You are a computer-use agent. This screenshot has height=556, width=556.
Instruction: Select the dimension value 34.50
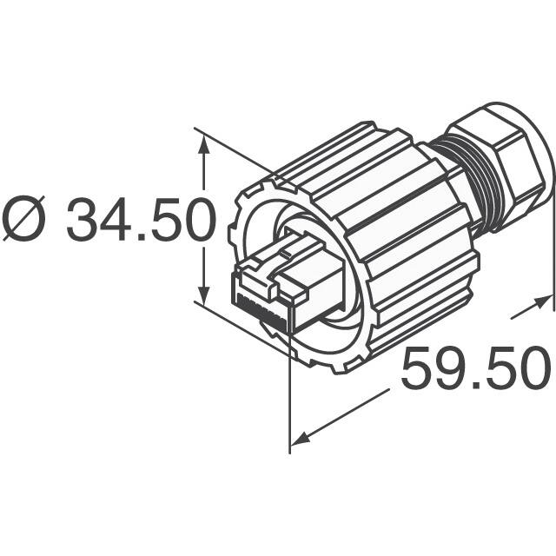click(141, 221)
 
